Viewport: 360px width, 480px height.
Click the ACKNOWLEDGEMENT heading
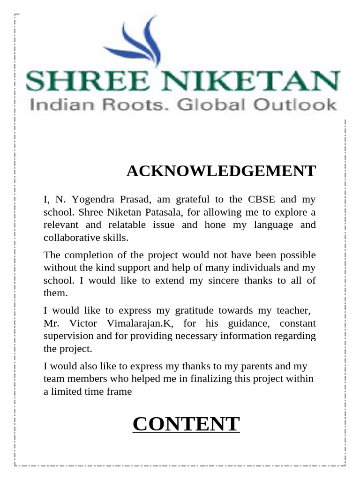click(221, 172)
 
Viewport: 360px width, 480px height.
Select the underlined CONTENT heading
click(186, 424)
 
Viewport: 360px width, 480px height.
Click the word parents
click(256, 366)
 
